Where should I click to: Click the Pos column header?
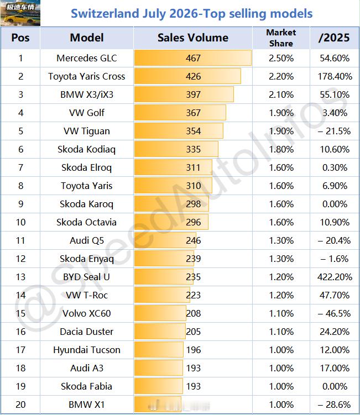[x=20, y=38]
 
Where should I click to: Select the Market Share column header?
[x=281, y=38]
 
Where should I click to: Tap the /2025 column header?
[x=335, y=38]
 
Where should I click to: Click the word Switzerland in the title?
[x=105, y=13]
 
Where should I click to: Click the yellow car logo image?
[x=20, y=13]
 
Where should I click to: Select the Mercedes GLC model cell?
[x=87, y=58]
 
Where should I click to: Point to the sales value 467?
[x=193, y=58]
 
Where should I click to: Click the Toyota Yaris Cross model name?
[x=87, y=76]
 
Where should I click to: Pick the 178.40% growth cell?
[x=335, y=76]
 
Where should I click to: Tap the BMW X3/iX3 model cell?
[x=87, y=94]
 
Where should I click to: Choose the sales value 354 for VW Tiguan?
[x=193, y=131]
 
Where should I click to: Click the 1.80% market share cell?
[x=281, y=149]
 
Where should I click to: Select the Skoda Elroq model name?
[x=87, y=167]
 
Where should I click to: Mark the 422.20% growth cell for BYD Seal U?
[x=335, y=277]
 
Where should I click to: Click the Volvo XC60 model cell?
[x=87, y=313]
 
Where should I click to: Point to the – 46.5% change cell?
[x=335, y=313]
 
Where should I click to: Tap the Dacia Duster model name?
[x=87, y=332]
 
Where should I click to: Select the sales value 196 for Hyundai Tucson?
[x=194, y=350]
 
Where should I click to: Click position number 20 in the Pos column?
[x=20, y=405]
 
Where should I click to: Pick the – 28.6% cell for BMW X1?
[x=335, y=405]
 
